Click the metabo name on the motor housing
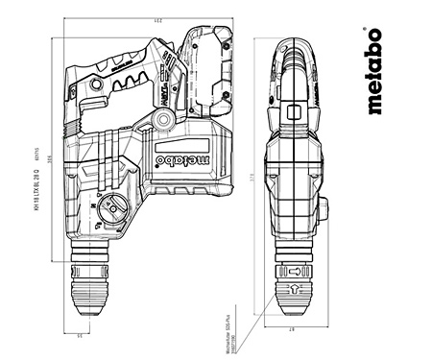click(x=181, y=156)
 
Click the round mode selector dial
click(x=112, y=209)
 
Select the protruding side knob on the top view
click(x=324, y=207)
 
